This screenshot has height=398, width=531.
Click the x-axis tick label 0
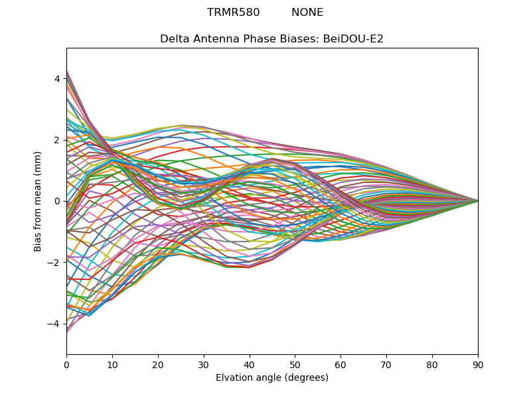(66, 364)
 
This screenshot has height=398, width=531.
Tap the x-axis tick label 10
(112, 364)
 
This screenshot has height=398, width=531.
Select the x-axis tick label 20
(158, 364)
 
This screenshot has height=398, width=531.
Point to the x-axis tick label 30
(204, 364)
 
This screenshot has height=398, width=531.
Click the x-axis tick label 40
(250, 364)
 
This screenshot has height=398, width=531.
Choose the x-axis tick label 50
(295, 364)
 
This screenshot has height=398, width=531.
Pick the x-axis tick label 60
(341, 364)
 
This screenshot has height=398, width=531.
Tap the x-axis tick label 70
(386, 364)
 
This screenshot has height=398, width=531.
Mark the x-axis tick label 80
(432, 364)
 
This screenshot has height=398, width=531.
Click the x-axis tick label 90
(478, 364)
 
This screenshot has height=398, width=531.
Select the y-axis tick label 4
(57, 79)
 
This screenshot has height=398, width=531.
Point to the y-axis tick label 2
(57, 140)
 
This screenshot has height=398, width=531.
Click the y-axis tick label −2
(54, 262)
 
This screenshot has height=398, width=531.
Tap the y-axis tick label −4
(54, 324)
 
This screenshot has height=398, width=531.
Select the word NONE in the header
(307, 13)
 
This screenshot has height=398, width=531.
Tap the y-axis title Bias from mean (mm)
(38, 200)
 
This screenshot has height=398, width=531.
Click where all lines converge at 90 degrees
(478, 201)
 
